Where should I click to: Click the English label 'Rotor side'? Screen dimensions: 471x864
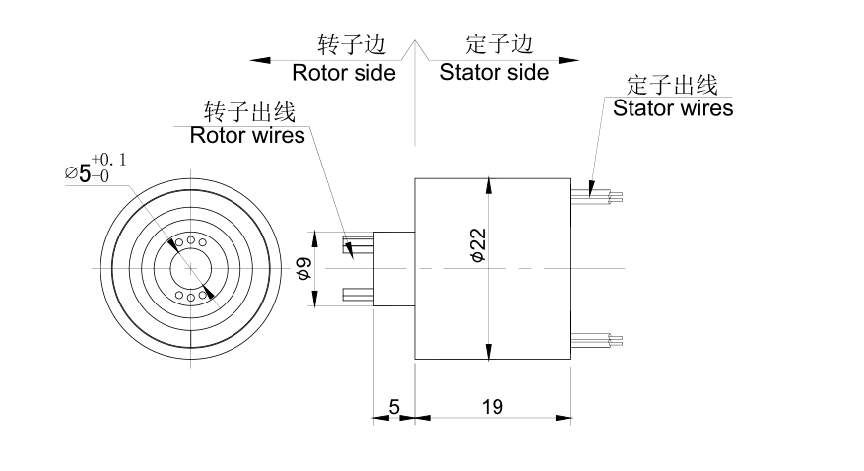click(x=344, y=73)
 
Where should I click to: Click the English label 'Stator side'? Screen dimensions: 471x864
click(x=494, y=72)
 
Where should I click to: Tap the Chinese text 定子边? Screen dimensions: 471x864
click(x=498, y=44)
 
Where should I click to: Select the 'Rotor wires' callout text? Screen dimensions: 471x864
click(x=247, y=135)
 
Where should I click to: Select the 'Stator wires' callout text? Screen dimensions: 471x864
click(x=673, y=107)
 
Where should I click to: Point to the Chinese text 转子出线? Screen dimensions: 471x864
click(x=250, y=110)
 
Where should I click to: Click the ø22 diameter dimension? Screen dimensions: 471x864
click(x=478, y=244)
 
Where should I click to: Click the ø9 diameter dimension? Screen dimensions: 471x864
click(x=304, y=268)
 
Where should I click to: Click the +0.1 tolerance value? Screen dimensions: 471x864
click(x=109, y=160)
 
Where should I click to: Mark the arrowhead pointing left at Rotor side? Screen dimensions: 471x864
click(x=260, y=60)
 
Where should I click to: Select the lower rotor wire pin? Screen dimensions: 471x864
click(x=357, y=293)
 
